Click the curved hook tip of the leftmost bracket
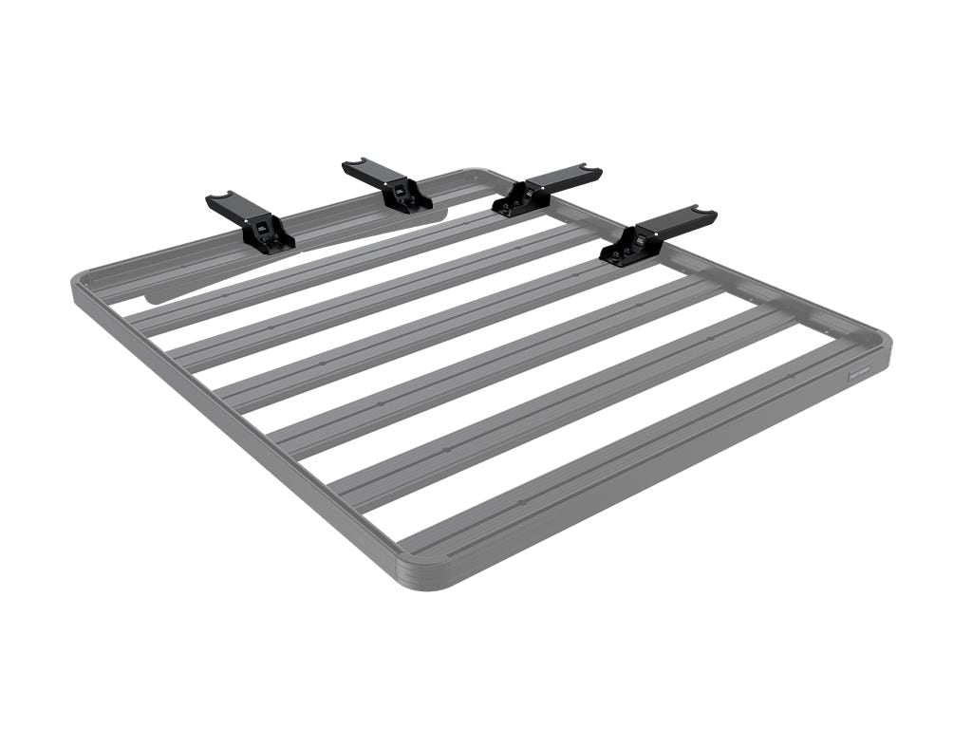pos(219,197)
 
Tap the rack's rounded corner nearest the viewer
pos(423,577)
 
